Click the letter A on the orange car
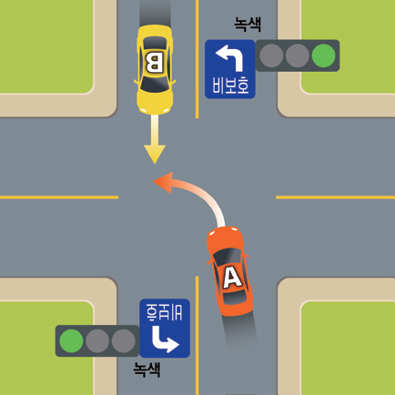pos(232,279)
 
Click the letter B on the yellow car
pos(155,63)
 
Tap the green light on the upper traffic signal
pos(323,56)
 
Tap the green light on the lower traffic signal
pos(71,341)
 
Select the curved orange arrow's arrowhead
pos(164,182)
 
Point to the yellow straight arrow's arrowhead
pos(155,154)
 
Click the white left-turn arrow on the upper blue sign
pos(231,56)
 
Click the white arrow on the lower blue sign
pos(165,339)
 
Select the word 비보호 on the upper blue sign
pos(230,85)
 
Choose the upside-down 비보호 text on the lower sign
pos(164,312)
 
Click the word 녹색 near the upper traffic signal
pos(248,25)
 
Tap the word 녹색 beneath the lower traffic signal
pos(147,370)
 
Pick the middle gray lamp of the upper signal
pos(298,56)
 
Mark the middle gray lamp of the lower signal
pos(97,341)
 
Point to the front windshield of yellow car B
pos(155,84)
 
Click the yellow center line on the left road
pos(59,197)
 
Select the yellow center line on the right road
pos(335,197)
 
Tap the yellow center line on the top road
pos(197,59)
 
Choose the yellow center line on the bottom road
pos(197,335)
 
